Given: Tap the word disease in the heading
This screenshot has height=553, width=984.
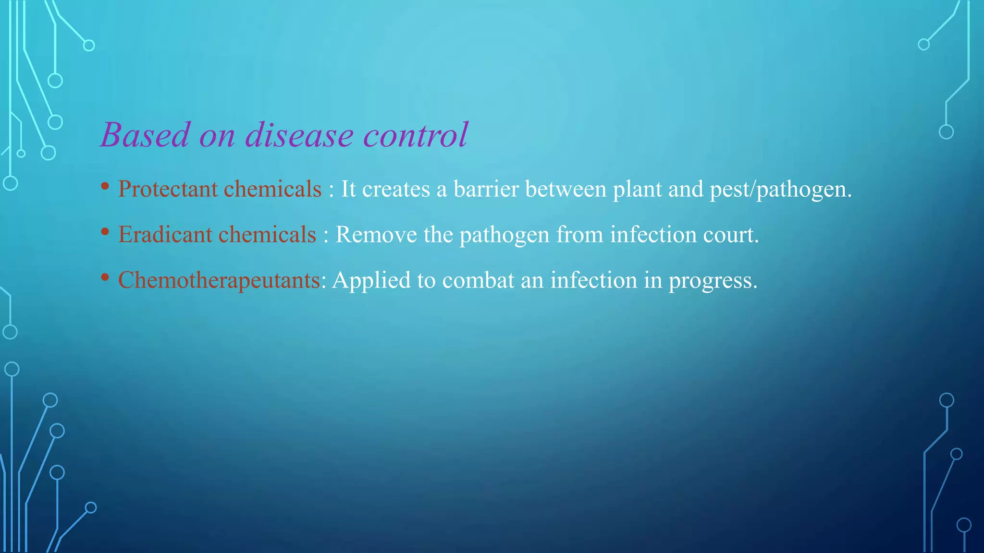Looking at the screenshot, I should (299, 135).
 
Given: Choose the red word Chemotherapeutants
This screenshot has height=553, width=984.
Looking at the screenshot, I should (219, 280).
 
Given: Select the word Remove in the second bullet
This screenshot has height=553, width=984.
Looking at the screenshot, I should (376, 234).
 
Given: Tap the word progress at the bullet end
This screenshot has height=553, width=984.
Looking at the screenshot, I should (712, 281).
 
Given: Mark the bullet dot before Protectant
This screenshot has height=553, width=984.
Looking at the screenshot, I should (105, 186).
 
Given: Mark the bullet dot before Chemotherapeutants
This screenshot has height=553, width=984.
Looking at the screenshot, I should (105, 277).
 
